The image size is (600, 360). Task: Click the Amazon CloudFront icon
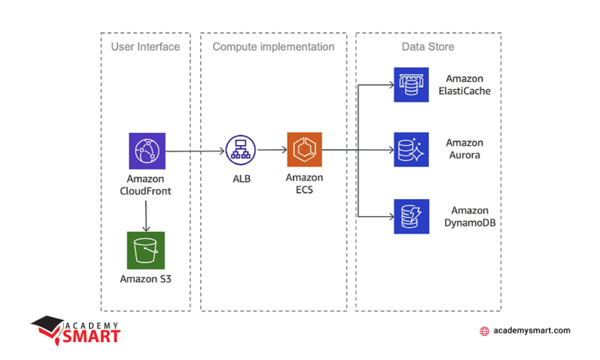tap(147, 151)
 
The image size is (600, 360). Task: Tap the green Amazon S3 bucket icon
tap(146, 250)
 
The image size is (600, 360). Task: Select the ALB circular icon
tap(241, 150)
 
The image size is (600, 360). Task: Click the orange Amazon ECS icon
tap(304, 150)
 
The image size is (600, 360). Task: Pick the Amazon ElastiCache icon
tap(411, 84)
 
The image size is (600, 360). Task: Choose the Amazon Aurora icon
tap(411, 150)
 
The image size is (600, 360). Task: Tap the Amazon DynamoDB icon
tap(411, 216)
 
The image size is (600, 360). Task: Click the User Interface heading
tap(145, 47)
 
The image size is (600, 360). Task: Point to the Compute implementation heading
tap(273, 47)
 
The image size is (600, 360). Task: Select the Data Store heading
tap(428, 47)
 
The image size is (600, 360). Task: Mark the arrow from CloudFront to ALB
tap(195, 151)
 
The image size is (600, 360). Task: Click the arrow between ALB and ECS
tap(271, 151)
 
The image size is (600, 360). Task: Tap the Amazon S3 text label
tap(145, 279)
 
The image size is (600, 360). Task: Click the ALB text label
tap(241, 179)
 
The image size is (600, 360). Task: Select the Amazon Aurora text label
tap(464, 149)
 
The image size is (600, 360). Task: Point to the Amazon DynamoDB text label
tap(470, 216)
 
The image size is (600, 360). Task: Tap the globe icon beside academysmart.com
tap(484, 331)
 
